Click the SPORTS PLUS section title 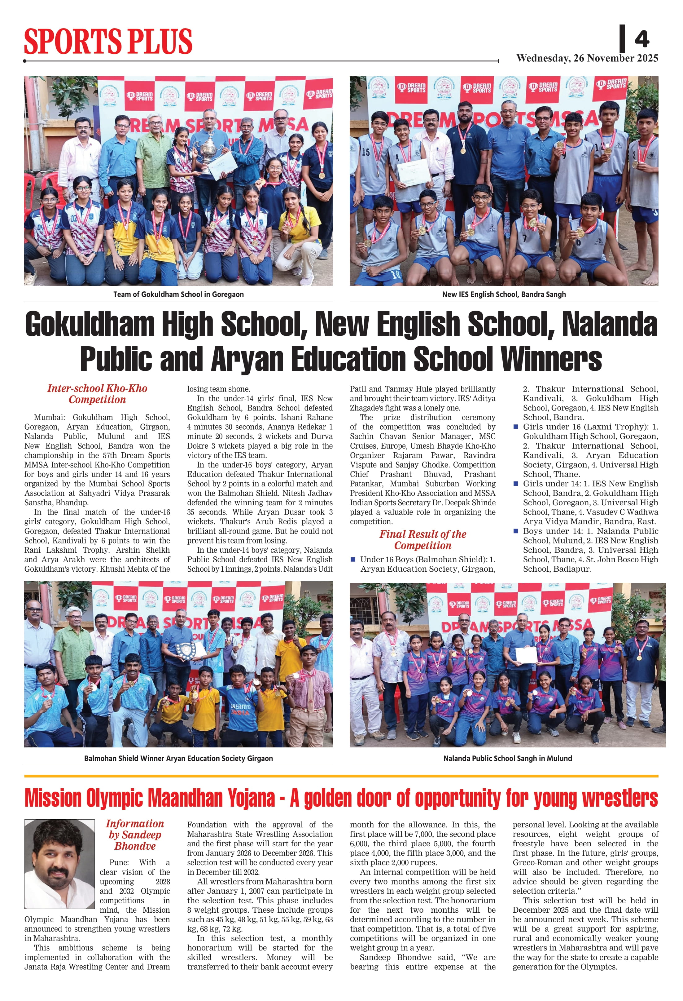(x=107, y=41)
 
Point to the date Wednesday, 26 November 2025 (x=587, y=58)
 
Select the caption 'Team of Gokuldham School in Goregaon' (x=178, y=295)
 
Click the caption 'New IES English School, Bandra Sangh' (x=504, y=295)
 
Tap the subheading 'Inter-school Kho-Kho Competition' (x=97, y=394)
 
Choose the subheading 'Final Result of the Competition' (x=422, y=540)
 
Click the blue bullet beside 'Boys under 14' (x=516, y=531)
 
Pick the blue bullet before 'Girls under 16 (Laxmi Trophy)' (x=516, y=427)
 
